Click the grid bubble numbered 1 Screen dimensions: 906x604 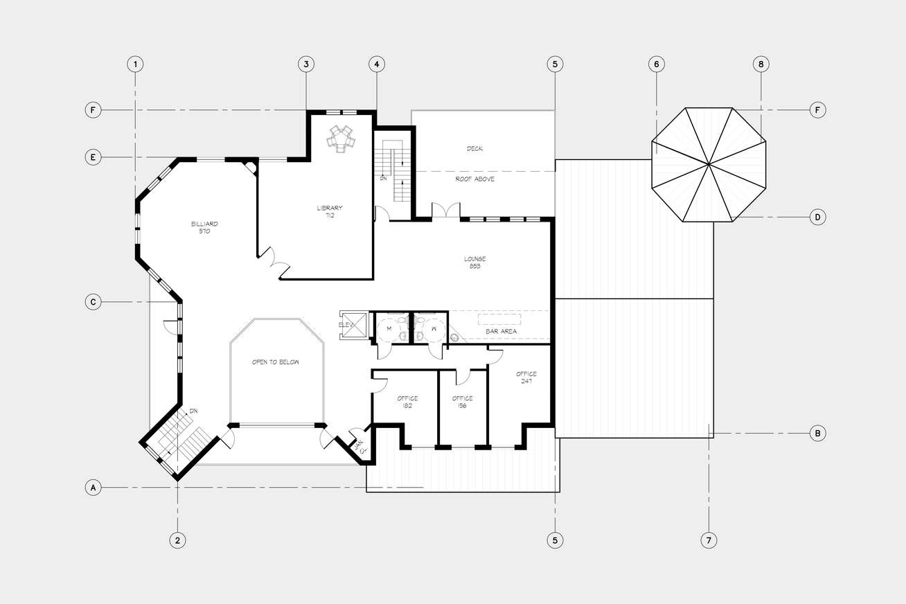135,64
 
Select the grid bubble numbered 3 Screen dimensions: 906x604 306,64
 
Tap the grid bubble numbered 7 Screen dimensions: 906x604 709,540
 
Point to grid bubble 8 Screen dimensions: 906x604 761,64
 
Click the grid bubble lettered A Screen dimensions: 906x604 93,488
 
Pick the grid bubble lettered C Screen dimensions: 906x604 93,302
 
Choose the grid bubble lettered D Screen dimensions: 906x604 817,217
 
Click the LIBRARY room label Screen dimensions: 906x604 330,211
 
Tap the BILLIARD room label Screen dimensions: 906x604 204,227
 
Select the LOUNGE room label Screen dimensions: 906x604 475,262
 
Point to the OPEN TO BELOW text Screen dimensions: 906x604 276,362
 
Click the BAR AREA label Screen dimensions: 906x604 501,331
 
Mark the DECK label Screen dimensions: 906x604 475,148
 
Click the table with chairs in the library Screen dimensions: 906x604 341,138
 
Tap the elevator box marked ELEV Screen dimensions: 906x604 354,325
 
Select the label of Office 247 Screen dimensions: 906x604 526,377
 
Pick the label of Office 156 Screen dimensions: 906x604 462,402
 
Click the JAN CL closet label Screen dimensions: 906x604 360,446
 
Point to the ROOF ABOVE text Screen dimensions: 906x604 475,179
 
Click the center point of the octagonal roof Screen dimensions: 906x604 709,164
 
